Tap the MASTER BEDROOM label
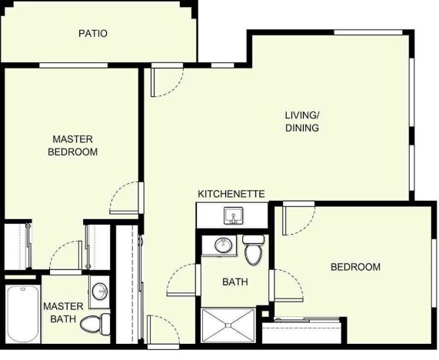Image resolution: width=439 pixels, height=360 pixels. point(72,145)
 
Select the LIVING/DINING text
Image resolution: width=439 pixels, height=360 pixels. point(302,122)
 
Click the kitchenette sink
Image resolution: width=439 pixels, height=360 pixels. point(231,215)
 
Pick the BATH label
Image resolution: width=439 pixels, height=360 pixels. point(234,282)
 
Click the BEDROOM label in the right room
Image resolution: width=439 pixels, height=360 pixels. point(355,267)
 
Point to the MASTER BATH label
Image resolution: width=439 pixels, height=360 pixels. point(63,312)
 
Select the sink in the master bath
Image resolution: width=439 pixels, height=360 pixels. point(98,292)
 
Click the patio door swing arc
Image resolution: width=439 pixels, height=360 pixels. point(168,81)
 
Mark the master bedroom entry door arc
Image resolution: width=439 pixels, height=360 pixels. point(125,198)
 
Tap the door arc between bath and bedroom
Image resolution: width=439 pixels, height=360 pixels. point(287,285)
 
